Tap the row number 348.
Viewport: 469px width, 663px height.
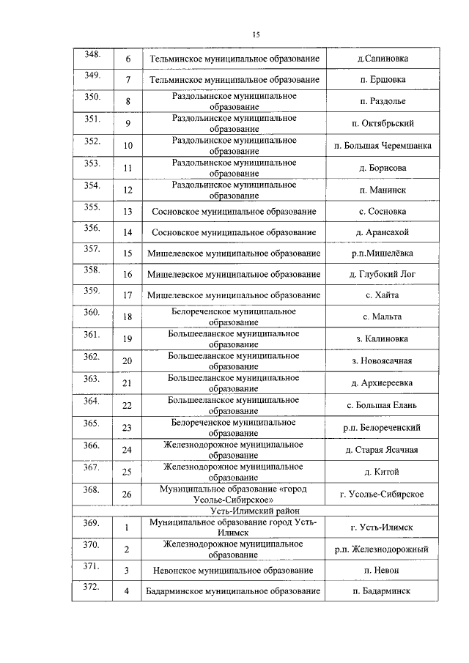tap(92, 55)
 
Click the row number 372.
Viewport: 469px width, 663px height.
tap(92, 587)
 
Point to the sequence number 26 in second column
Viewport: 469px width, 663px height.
tap(128, 495)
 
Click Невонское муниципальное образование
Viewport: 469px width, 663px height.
tap(234, 570)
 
